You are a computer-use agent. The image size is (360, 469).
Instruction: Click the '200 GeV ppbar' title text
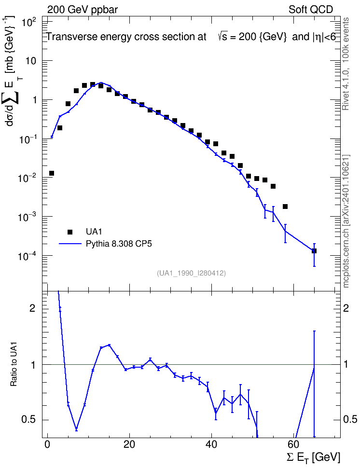[x=83, y=10]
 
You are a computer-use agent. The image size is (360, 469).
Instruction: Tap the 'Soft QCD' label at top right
[x=311, y=10]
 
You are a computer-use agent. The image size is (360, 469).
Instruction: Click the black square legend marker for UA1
[x=70, y=232]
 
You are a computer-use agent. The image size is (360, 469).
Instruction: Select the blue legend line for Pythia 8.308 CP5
[x=70, y=244]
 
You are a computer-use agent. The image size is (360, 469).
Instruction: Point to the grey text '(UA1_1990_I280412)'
[x=191, y=273]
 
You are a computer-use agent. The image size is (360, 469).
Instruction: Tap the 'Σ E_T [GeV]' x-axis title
[x=313, y=457]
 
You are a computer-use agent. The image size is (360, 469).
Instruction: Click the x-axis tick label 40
[x=211, y=444]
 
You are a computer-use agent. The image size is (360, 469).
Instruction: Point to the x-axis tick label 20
[x=129, y=444]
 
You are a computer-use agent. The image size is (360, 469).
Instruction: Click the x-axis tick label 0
[x=47, y=444]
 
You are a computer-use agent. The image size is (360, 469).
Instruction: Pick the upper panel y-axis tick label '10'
[x=30, y=61]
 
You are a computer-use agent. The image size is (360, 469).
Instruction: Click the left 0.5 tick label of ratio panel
[x=29, y=420]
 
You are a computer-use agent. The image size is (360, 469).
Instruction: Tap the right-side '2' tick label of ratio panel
[x=346, y=308]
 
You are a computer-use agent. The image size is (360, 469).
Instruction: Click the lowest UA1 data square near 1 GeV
[x=52, y=173]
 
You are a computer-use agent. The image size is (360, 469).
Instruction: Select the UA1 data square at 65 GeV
[x=314, y=251]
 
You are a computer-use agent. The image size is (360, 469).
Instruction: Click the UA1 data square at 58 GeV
[x=285, y=207]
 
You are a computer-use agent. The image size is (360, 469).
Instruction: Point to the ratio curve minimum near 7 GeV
[x=76, y=429]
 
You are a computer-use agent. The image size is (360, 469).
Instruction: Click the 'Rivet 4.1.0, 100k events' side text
[x=346, y=64]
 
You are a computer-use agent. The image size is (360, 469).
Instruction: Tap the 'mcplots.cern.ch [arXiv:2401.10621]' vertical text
[x=346, y=221]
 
